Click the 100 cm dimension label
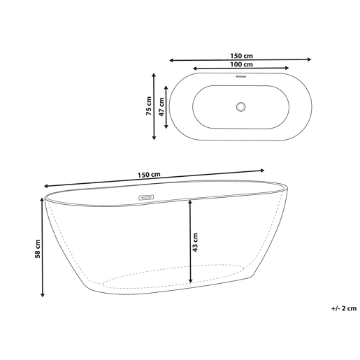coord(241,64)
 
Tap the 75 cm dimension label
coord(149,106)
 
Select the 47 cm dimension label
coord(161,107)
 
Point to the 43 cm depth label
coord(195,243)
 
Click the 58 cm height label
coord(37,249)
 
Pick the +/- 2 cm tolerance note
coord(344,308)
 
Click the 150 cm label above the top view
coord(241,56)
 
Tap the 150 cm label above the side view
coord(149,175)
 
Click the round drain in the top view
coord(240,107)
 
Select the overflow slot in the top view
coord(241,76)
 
